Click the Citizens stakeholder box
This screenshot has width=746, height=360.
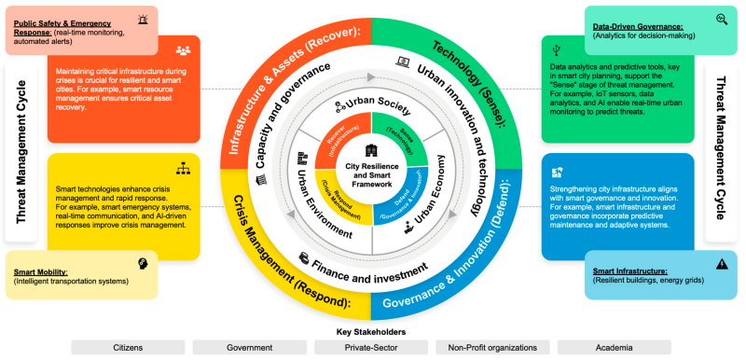point(127,347)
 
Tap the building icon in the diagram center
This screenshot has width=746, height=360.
point(372,150)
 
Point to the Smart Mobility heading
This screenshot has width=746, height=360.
point(39,272)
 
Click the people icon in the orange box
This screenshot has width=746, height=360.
point(183,50)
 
